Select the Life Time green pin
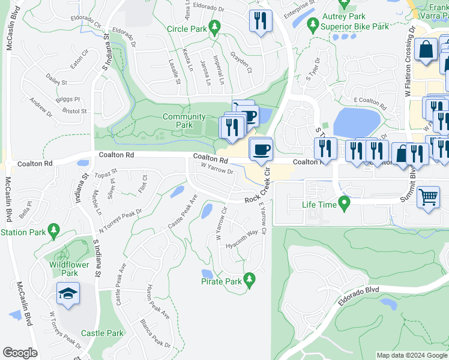pyautogui.click(x=344, y=205)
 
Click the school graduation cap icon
pyautogui.click(x=68, y=294)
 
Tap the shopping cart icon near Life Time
pyautogui.click(x=428, y=196)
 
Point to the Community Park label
pyautogui.click(x=184, y=121)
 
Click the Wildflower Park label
pyautogui.click(x=69, y=268)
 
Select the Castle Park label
pyautogui.click(x=102, y=333)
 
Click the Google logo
pyautogui.click(x=20, y=353)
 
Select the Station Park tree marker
pyautogui.click(x=53, y=230)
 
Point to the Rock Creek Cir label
pyautogui.click(x=267, y=186)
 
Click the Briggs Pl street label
pyautogui.click(x=68, y=99)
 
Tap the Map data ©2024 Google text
pyautogui.click(x=412, y=355)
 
